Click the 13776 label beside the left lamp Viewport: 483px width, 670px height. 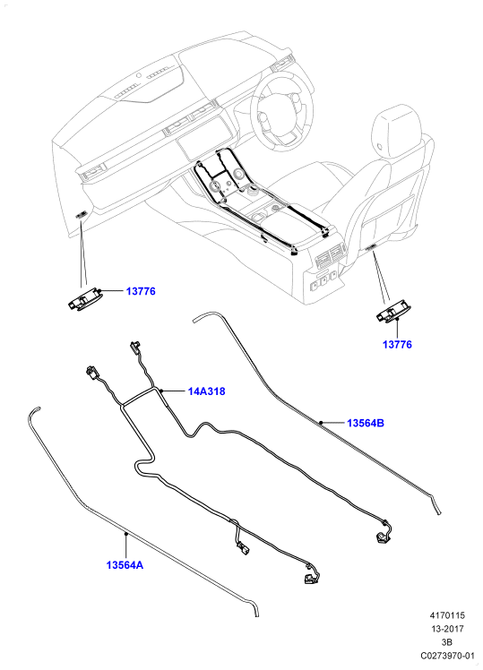coord(141,291)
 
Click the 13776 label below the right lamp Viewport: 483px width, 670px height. coord(397,344)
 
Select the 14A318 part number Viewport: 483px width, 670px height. coord(206,391)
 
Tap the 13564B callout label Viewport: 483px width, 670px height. coord(366,423)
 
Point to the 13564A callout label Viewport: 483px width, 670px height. coord(125,565)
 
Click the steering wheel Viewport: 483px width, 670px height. coord(280,112)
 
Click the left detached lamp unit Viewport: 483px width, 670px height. coord(84,298)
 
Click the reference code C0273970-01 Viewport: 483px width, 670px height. coord(447,656)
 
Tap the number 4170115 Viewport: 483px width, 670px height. coord(447,615)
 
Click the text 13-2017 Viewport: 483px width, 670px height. coord(447,629)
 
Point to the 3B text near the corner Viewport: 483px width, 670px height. coord(447,642)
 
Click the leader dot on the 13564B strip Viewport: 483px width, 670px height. coord(320,423)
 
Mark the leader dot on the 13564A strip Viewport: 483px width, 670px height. coord(125,534)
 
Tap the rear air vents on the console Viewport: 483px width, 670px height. coord(330,255)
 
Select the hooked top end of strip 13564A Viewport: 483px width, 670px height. coord(34,410)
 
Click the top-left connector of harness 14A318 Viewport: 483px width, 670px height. coord(91,372)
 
